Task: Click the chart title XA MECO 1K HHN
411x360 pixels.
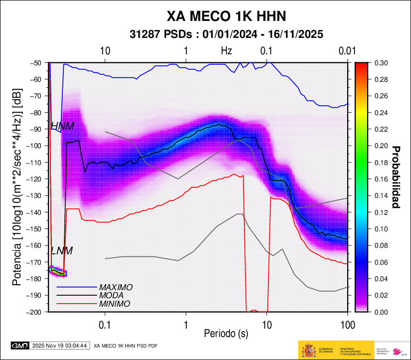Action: tap(226, 16)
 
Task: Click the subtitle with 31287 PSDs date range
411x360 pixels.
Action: tap(226, 34)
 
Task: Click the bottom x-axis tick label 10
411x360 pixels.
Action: tap(266, 325)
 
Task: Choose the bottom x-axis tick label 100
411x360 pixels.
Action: tap(347, 325)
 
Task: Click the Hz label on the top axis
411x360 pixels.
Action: tap(226, 51)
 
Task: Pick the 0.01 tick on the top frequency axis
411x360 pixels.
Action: tap(346, 51)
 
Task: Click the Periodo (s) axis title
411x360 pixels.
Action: tap(226, 333)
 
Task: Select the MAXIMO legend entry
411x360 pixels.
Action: tap(115, 288)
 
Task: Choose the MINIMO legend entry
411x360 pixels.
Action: tap(114, 304)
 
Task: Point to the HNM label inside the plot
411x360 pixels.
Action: tap(62, 126)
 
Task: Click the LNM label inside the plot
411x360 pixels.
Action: tap(62, 251)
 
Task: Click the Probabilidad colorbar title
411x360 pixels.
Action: tap(397, 177)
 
